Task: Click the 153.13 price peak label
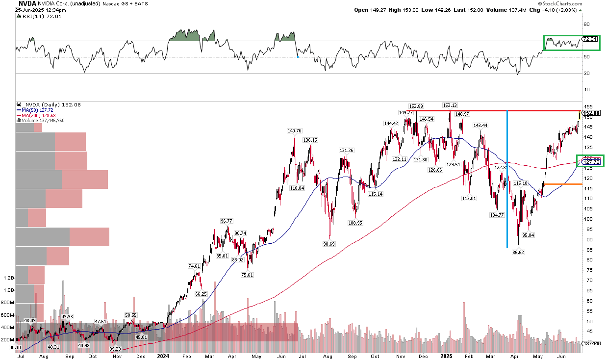coord(450,105)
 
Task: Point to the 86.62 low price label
coord(519,252)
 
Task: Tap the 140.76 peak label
coord(294,130)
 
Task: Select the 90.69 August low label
coord(329,243)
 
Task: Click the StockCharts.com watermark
coord(579,3)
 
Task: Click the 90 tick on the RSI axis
coord(585,24)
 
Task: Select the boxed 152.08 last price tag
coord(592,113)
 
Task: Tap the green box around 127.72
coord(591,160)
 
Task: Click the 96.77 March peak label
coord(227,221)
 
